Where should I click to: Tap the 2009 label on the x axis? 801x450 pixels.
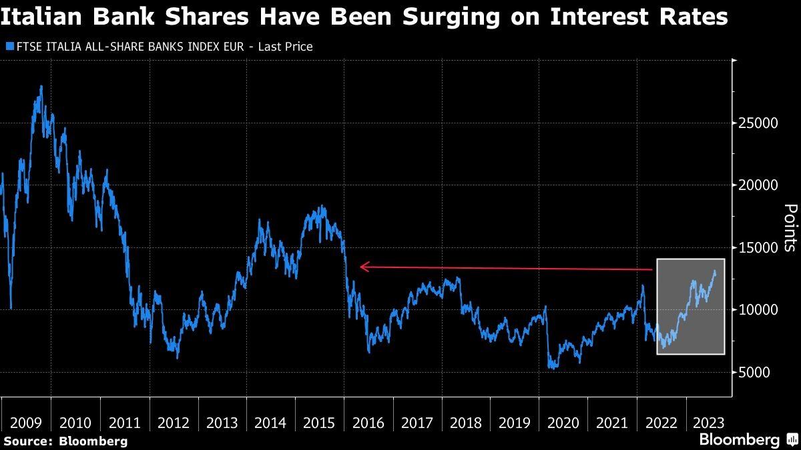[27, 423]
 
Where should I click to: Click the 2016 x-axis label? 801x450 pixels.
[368, 423]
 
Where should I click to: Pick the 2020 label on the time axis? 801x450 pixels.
[563, 423]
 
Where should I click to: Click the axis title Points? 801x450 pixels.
[789, 227]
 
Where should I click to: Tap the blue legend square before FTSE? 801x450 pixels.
[9, 47]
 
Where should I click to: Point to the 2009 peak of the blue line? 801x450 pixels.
[41, 86]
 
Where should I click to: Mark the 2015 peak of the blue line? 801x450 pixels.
[322, 206]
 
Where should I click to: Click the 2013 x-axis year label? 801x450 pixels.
[222, 423]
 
